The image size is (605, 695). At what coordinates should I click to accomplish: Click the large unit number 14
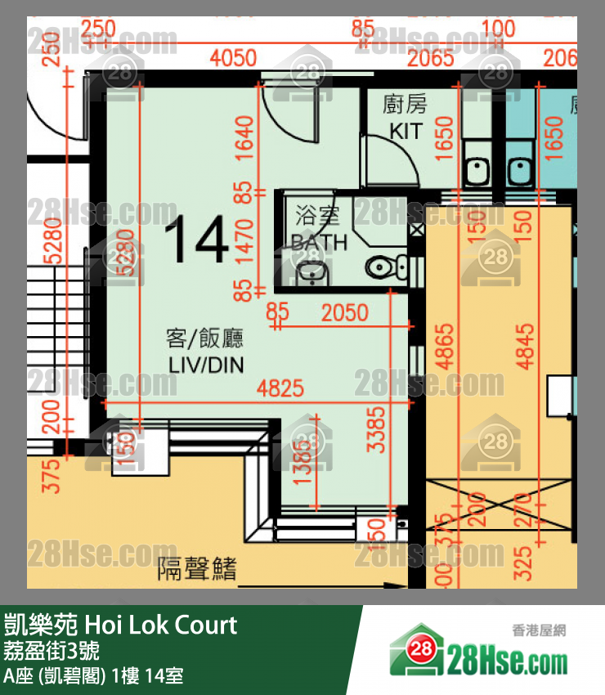coord(196,240)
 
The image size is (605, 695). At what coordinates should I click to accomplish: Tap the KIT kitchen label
coord(406,131)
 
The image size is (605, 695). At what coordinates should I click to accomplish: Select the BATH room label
coord(320,242)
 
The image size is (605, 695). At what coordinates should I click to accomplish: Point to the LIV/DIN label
coord(206,365)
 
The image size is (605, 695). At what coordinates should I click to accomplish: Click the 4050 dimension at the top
coord(233,58)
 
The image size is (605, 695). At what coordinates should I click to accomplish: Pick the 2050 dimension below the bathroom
coord(344,312)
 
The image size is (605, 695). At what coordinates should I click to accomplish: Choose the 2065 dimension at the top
coord(431,58)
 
